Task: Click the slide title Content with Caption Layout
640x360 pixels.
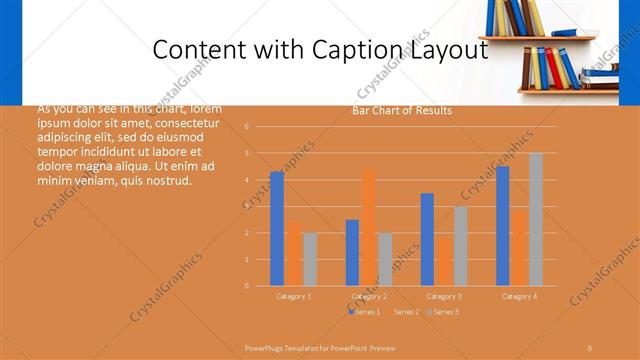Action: [x=320, y=50]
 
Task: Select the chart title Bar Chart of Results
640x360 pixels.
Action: [x=402, y=111]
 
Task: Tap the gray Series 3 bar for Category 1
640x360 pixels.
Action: [x=310, y=259]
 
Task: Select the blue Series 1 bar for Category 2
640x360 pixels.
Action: [x=352, y=252]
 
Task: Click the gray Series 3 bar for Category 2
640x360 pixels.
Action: [x=385, y=259]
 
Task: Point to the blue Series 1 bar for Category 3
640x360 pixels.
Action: [x=427, y=239]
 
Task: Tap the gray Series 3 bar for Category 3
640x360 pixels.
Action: [x=460, y=246]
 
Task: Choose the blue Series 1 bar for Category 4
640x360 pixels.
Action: [x=502, y=226]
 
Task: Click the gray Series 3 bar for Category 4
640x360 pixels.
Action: [x=536, y=219]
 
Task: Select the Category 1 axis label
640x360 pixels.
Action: [x=294, y=297]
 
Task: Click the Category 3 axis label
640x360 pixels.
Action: [x=444, y=297]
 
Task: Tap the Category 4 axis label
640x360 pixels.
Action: [x=519, y=297]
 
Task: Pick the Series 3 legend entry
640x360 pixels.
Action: [x=443, y=313]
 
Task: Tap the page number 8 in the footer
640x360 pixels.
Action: [x=590, y=347]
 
